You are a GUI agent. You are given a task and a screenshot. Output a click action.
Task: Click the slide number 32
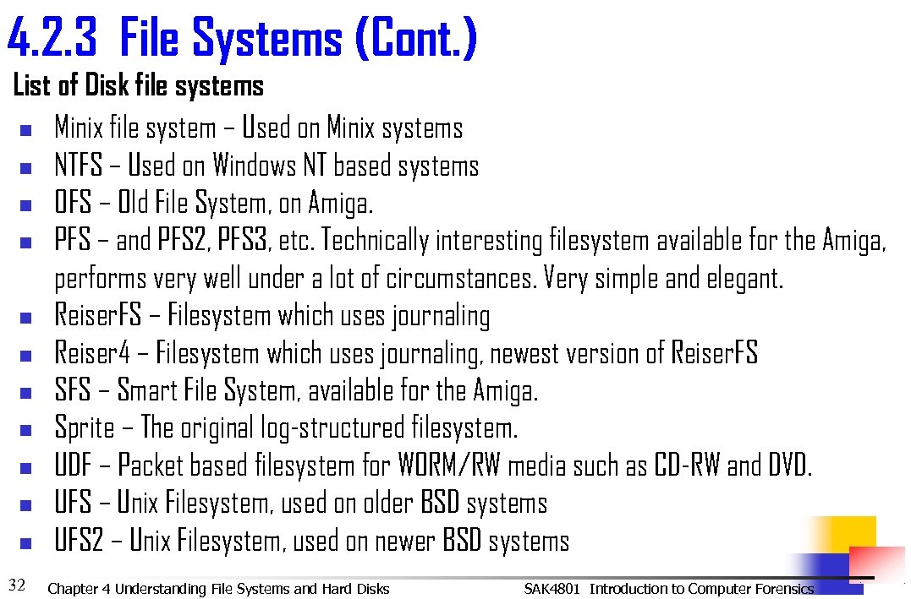click(16, 583)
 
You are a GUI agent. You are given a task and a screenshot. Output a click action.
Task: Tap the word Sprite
click(84, 427)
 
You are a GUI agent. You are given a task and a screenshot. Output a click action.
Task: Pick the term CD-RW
click(687, 466)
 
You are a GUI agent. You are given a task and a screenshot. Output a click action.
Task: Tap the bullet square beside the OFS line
click(25, 204)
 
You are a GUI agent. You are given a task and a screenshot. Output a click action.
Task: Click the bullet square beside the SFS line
click(25, 393)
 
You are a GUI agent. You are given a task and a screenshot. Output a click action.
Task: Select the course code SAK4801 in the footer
click(552, 589)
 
